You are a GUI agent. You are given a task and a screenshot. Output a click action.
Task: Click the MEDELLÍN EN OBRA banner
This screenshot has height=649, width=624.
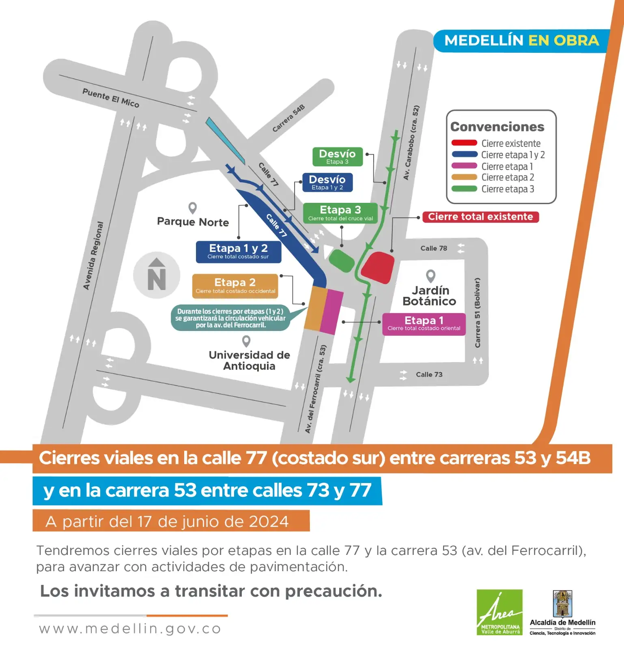(521, 41)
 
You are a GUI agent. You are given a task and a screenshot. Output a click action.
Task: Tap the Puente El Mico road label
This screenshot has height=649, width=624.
(111, 98)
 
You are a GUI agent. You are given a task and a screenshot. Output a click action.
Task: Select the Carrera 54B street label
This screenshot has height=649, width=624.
(288, 118)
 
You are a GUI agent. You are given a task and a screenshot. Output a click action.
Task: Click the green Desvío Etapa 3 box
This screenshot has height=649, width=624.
(337, 157)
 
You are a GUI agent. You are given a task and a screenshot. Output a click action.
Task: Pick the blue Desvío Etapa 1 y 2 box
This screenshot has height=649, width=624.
(327, 182)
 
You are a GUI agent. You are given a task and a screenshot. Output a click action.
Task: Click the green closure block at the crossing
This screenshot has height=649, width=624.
(342, 260)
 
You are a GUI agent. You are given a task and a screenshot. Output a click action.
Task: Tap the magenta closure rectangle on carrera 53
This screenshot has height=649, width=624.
(332, 312)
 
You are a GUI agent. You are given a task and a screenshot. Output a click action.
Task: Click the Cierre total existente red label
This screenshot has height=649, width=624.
(480, 217)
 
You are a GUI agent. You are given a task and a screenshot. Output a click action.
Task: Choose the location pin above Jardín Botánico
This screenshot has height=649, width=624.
(430, 276)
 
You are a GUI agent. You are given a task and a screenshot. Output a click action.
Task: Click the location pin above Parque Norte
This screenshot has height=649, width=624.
(193, 208)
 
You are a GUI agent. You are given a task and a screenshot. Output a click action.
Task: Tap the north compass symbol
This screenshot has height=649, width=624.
(157, 275)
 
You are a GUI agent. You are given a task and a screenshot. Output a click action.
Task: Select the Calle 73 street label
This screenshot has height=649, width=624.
(429, 374)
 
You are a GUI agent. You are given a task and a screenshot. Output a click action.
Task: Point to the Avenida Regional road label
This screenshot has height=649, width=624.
(93, 256)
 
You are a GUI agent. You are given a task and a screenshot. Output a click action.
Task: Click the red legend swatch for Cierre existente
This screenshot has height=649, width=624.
(464, 143)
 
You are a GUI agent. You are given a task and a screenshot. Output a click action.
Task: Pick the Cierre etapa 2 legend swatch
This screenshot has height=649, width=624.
(464, 177)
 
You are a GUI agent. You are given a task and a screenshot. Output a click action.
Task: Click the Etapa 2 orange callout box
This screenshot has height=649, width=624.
(235, 286)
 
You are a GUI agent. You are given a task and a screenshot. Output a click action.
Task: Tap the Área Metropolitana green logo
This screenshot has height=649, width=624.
(499, 612)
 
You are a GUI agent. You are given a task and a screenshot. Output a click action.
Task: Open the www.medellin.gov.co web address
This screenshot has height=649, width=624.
(130, 629)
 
